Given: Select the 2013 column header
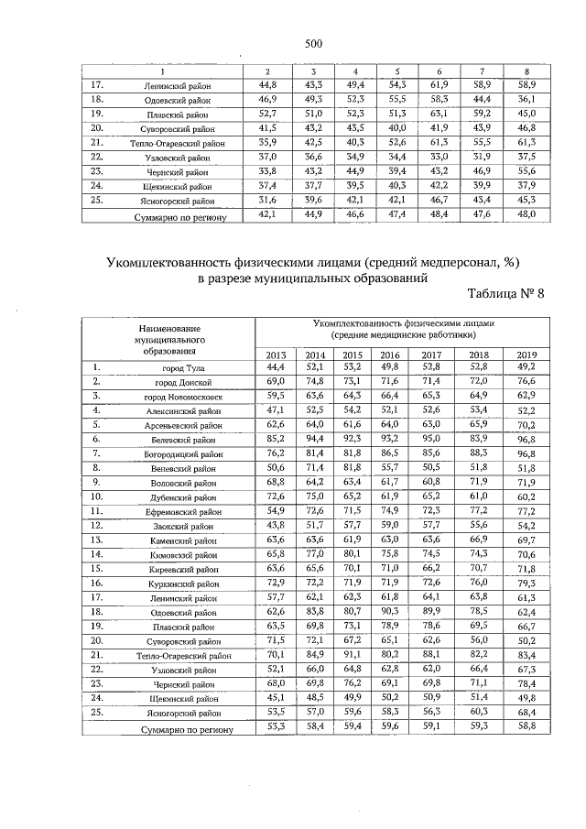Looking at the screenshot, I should (x=276, y=355).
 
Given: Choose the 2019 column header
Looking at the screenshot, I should (x=526, y=355).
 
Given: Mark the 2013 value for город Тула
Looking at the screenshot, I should (x=276, y=367).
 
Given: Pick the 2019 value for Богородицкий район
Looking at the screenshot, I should (x=526, y=453).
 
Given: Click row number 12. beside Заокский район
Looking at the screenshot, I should (x=95, y=526).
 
